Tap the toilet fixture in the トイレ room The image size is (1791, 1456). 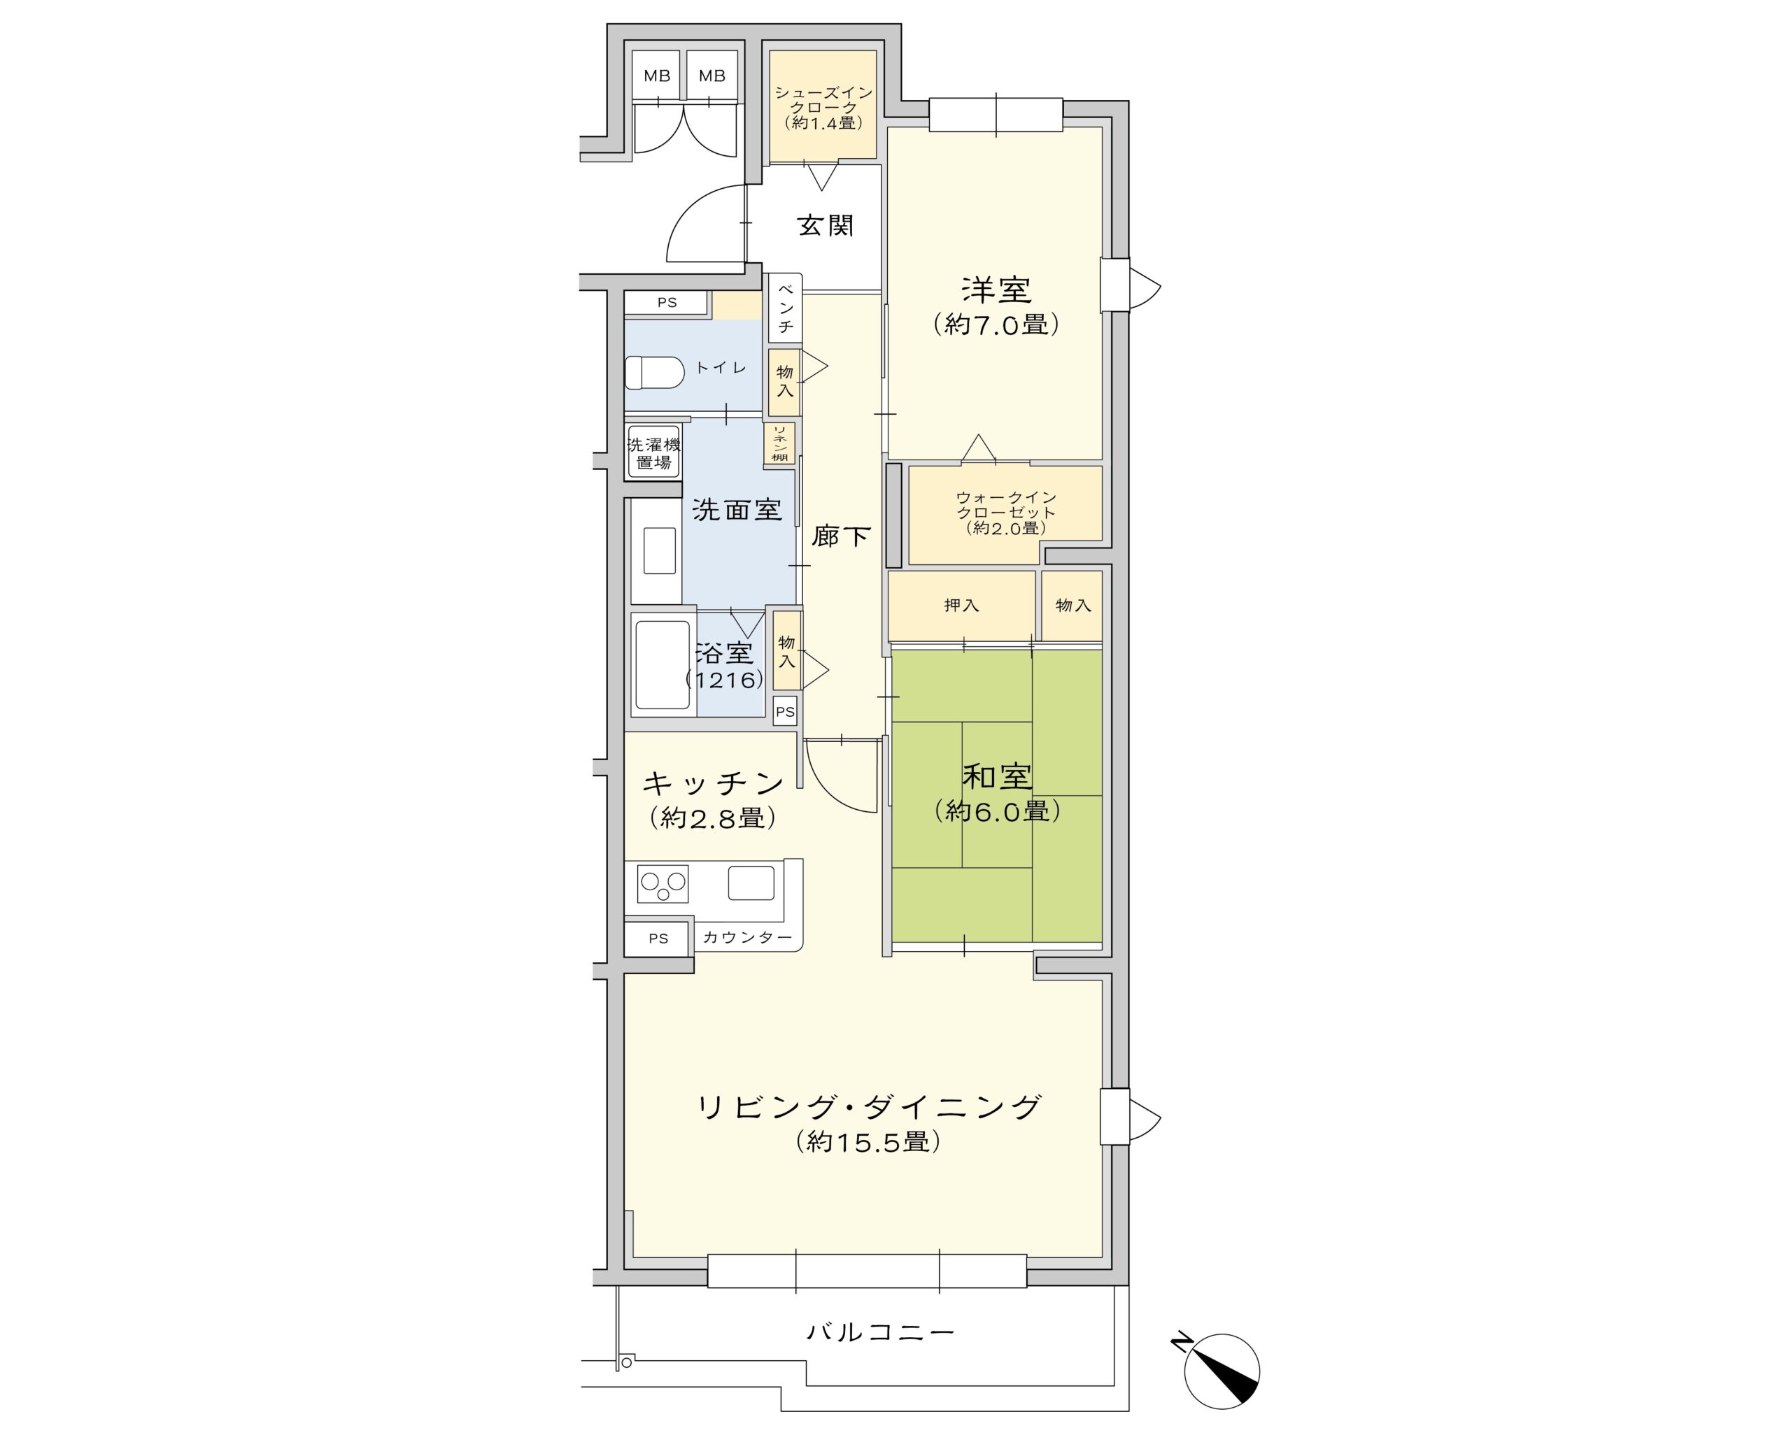653,372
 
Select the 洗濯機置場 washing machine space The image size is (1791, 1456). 653,453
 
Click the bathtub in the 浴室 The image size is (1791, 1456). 662,664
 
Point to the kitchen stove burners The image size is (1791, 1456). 663,884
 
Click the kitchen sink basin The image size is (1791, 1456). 751,883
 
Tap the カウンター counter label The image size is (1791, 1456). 746,937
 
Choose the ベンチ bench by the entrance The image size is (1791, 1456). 785,307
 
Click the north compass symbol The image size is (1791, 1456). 1221,1371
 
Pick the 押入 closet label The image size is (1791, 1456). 961,605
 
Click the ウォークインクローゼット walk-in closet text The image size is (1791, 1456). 1006,513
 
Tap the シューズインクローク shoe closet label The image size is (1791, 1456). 823,108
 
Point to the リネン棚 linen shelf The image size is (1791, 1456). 779,443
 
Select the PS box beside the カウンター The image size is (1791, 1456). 658,938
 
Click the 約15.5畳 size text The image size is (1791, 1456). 868,1141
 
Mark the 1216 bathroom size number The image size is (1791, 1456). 725,679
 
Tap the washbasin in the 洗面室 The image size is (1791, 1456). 659,550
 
